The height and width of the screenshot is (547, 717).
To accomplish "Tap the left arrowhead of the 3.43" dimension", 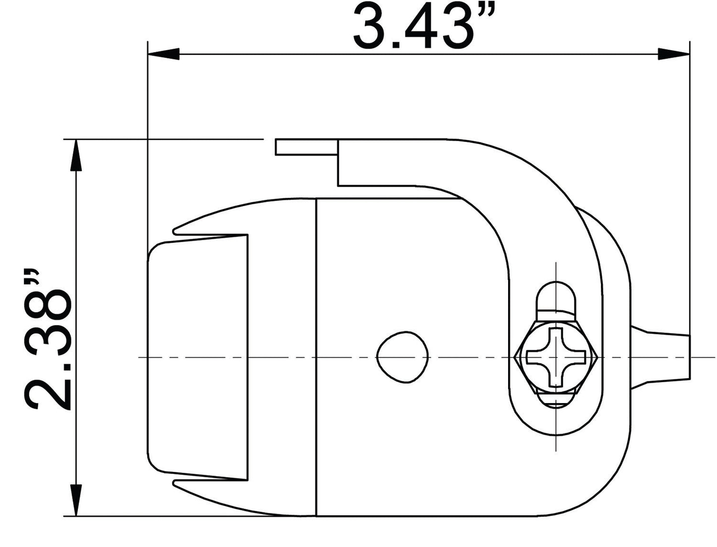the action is tap(163, 54).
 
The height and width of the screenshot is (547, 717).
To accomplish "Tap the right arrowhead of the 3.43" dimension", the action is tap(673, 54).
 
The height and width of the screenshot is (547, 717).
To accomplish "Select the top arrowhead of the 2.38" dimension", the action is tap(76, 155).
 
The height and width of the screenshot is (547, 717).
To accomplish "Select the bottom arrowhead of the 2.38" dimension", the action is tap(76, 500).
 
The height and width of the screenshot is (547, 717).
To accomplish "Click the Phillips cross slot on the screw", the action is tap(556, 357).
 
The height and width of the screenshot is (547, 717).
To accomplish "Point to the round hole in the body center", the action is tap(402, 357).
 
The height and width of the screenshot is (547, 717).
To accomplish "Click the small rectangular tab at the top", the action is tap(307, 147).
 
